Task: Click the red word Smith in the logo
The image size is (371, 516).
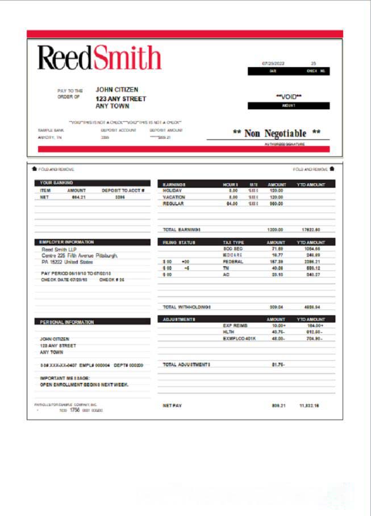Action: pyautogui.click(x=128, y=57)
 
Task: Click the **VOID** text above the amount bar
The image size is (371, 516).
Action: pyautogui.click(x=289, y=97)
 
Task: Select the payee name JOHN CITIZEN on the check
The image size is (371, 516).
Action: pyautogui.click(x=116, y=89)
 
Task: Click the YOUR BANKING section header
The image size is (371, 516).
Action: pyautogui.click(x=55, y=183)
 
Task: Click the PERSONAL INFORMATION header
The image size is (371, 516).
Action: pyautogui.click(x=67, y=322)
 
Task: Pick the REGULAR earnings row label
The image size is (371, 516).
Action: pyautogui.click(x=173, y=203)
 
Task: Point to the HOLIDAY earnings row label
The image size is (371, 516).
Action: pyautogui.click(x=172, y=191)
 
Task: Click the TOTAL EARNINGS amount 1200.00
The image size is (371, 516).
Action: pyautogui.click(x=276, y=230)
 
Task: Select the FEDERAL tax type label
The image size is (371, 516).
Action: pyautogui.click(x=233, y=262)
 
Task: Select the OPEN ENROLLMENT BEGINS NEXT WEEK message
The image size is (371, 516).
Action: pyautogui.click(x=84, y=385)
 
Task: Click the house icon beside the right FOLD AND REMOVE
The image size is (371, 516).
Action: pyautogui.click(x=332, y=168)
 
